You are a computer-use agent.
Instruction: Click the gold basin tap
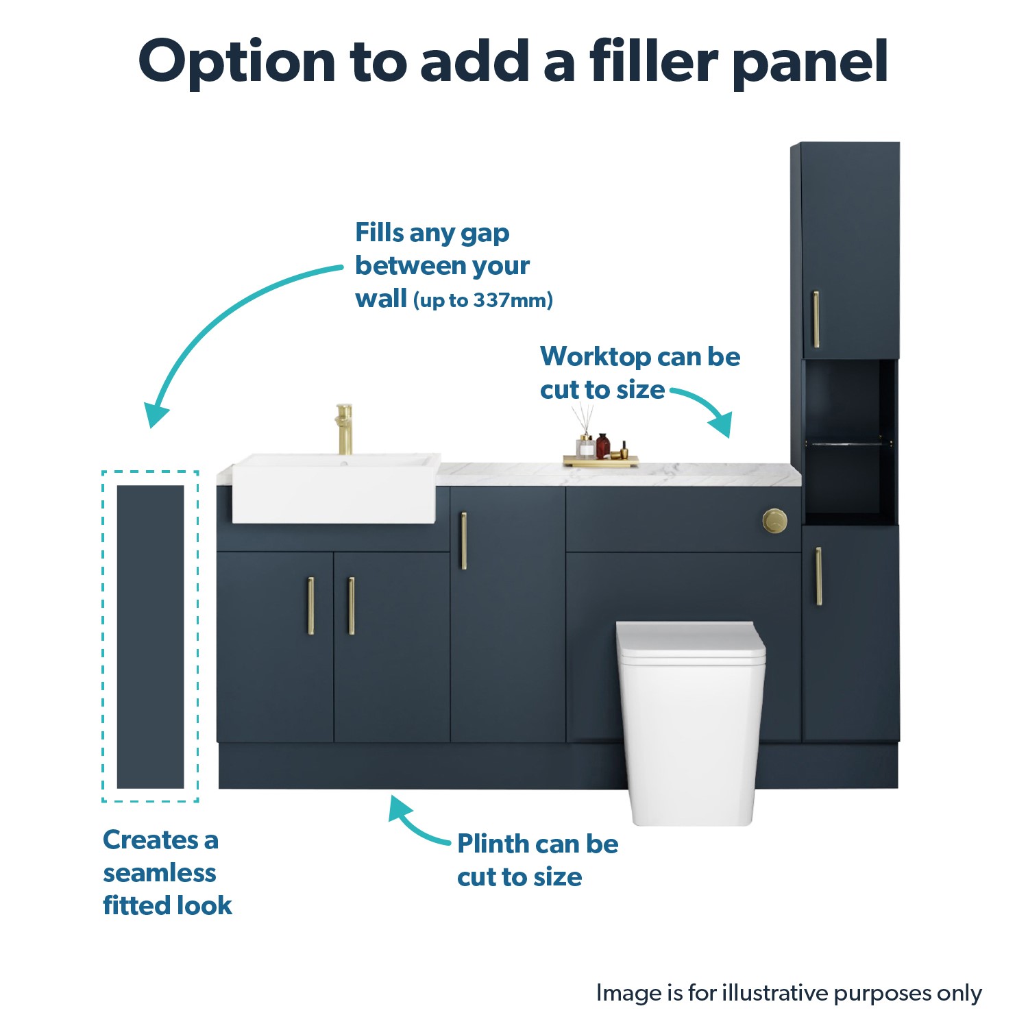344,429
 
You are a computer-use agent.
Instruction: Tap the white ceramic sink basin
335,488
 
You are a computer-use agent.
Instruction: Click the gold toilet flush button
775,521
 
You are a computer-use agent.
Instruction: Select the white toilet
691,723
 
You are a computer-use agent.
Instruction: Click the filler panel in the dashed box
150,637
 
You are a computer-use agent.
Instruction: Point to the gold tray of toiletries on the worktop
600,461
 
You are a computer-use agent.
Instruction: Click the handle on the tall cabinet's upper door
816,319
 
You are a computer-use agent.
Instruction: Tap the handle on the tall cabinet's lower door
818,576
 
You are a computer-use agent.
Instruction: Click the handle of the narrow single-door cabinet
463,541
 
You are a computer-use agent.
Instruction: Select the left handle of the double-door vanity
310,606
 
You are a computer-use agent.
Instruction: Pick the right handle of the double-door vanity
351,606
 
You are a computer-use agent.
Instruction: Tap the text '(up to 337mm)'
483,300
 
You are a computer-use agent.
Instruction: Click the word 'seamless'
160,873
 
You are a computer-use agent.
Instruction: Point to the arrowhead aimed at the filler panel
156,415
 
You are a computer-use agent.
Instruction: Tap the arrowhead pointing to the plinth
400,809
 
